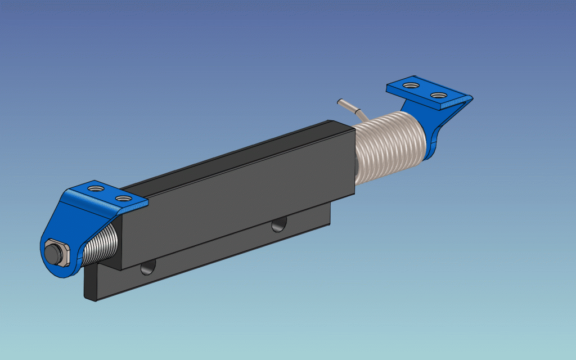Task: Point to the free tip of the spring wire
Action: [339, 102]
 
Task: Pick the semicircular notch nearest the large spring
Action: [278, 225]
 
